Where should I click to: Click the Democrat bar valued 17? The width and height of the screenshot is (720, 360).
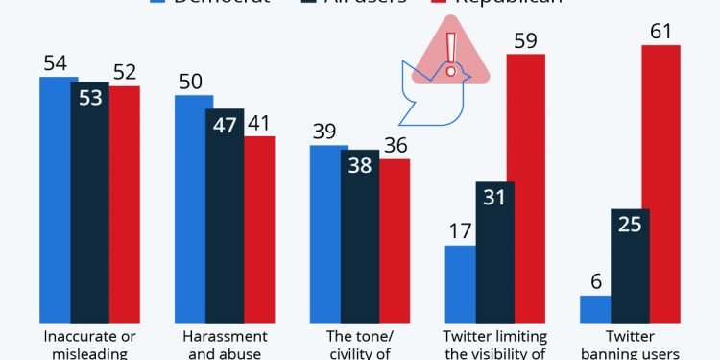click(461, 283)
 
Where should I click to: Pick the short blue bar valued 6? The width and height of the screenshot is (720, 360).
click(596, 308)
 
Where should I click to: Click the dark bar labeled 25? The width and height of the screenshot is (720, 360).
click(630, 265)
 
